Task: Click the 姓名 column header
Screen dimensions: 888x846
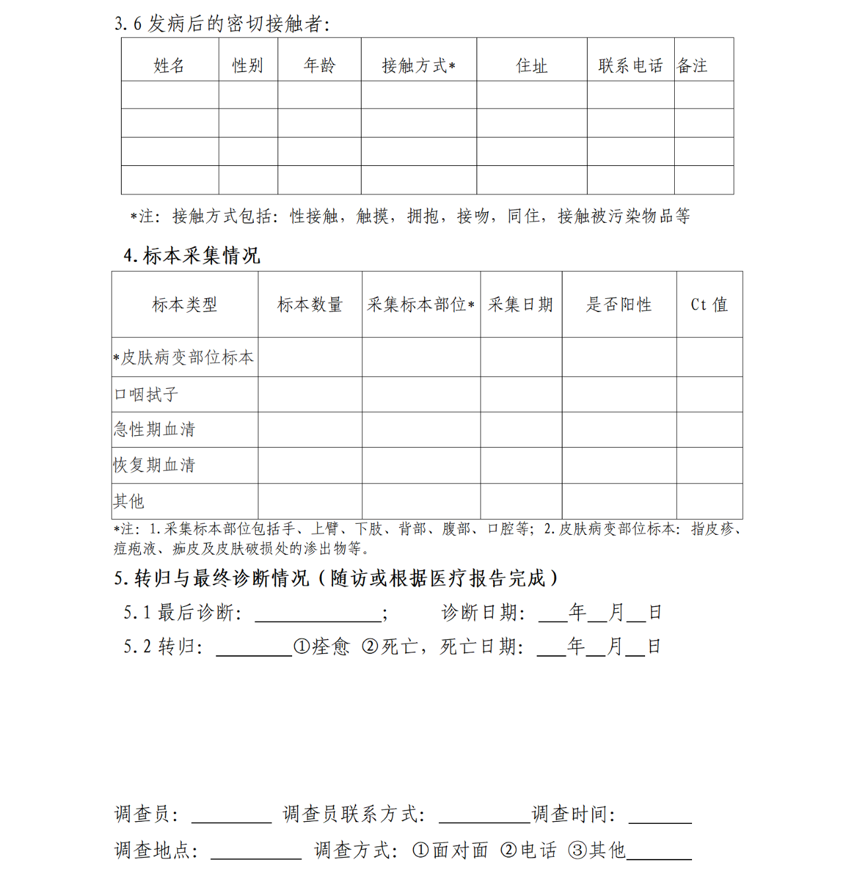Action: pos(169,65)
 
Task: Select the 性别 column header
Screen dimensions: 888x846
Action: pos(248,65)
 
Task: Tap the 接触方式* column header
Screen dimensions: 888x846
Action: pos(418,65)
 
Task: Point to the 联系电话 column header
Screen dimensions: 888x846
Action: pos(631,65)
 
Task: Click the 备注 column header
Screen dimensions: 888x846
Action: pos(693,65)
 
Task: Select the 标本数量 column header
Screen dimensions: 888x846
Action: pos(310,305)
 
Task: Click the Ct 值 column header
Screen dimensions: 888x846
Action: pos(709,305)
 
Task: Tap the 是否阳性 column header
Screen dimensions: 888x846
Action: pos(619,305)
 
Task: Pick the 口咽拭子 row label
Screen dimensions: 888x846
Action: pos(146,395)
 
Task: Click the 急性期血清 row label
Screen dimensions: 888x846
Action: pos(155,430)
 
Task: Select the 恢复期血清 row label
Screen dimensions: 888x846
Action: pos(155,465)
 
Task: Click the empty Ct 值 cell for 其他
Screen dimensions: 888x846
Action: pos(709,501)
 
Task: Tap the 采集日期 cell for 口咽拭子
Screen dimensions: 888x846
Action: pos(521,395)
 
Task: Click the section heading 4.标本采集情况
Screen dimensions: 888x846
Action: pos(192,255)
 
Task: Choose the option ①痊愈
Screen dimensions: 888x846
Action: pos(321,646)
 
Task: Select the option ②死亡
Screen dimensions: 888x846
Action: pos(389,646)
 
